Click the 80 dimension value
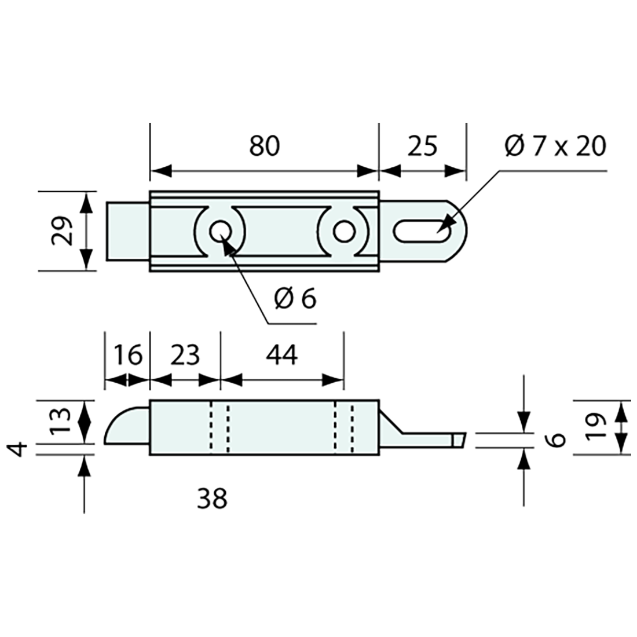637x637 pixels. (265, 147)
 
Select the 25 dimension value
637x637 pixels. (422, 147)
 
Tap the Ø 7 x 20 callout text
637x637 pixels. (555, 147)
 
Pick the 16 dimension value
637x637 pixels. (127, 354)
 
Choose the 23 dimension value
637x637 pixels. (185, 354)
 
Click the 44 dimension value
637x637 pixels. (283, 354)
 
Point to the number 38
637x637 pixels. (212, 498)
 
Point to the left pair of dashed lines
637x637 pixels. (220, 427)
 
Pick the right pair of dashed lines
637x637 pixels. (344, 427)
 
